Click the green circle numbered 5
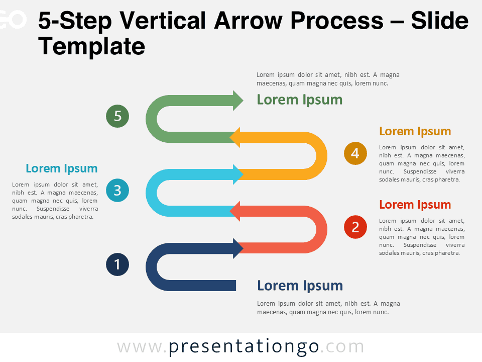pyautogui.click(x=117, y=116)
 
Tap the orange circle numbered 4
pyautogui.click(x=355, y=153)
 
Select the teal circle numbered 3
pyautogui.click(x=117, y=190)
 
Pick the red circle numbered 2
pyautogui.click(x=355, y=227)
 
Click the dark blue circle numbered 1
pyautogui.click(x=117, y=264)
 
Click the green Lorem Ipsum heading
pyautogui.click(x=299, y=100)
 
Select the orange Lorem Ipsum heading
pyautogui.click(x=415, y=131)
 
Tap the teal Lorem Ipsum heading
pyautogui.click(x=62, y=168)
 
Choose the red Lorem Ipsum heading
pyautogui.click(x=415, y=205)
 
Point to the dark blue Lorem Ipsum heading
pyautogui.click(x=300, y=286)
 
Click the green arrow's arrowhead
pyautogui.click(x=237, y=100)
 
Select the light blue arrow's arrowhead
pyautogui.click(x=237, y=174)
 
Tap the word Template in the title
pyautogui.click(x=91, y=46)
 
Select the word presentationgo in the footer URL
pyautogui.click(x=244, y=346)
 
